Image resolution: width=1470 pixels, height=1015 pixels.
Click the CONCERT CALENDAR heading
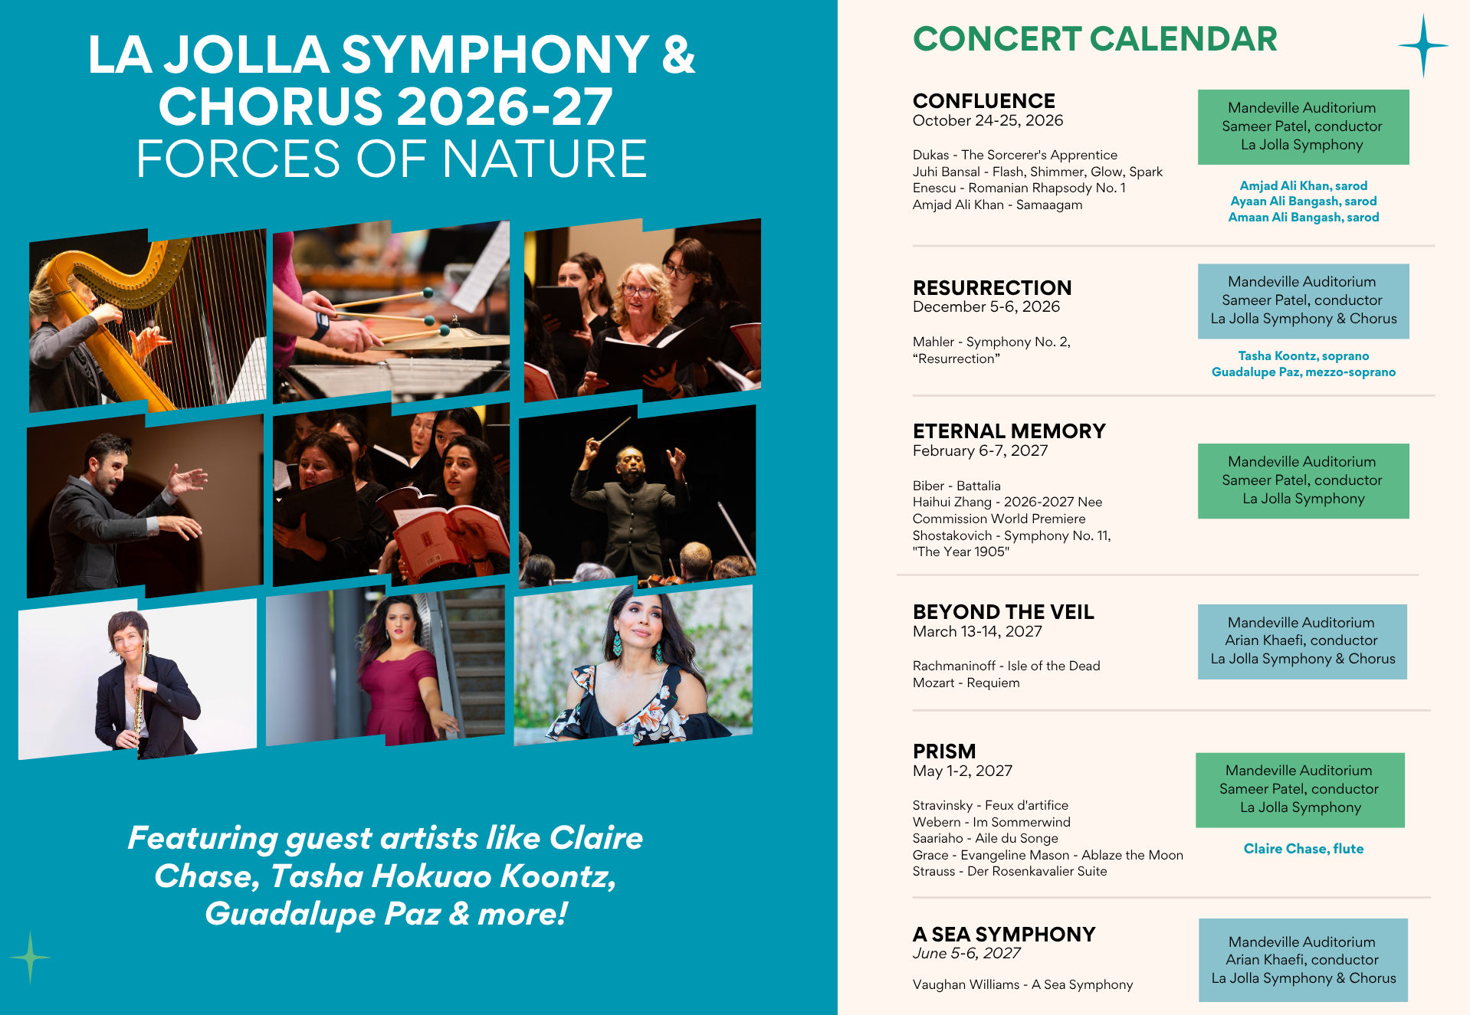pos(1094,39)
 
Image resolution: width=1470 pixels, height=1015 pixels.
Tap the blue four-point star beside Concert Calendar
pos(1423,46)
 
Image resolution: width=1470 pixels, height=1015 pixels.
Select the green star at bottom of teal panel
pos(31,958)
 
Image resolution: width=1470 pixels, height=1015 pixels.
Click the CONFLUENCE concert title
pos(984,101)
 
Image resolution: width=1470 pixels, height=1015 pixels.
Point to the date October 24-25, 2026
pos(988,121)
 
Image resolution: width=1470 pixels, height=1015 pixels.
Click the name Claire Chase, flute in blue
pos(1304,849)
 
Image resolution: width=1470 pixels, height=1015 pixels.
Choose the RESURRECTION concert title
pos(993,288)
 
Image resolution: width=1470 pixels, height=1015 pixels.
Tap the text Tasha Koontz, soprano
pos(1304,355)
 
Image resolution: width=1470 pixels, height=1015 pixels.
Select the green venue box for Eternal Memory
pos(1304,481)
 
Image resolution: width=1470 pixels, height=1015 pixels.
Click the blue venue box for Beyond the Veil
pos(1303,642)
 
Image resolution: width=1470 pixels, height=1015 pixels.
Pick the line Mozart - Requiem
pos(966,683)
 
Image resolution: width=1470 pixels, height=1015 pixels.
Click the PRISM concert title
pos(944,751)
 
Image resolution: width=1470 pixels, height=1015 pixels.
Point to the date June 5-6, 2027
pos(966,954)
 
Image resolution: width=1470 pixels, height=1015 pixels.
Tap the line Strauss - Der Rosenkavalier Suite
pos(1010,871)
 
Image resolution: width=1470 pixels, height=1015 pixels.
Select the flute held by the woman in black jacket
pos(140,693)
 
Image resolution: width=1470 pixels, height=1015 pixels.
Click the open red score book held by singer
pos(445,536)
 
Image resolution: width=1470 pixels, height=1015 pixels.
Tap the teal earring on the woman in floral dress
pos(617,644)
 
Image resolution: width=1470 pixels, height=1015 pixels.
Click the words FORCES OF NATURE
pos(392,159)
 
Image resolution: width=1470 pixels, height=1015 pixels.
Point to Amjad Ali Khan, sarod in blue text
pos(1304,185)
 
